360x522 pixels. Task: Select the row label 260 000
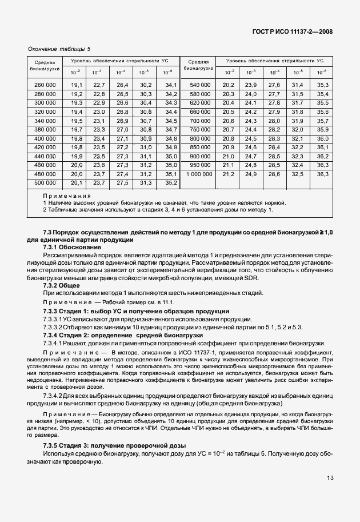(x=45, y=85)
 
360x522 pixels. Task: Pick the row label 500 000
(x=45, y=183)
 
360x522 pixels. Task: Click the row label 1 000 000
(x=198, y=174)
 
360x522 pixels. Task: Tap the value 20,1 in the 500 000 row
(x=77, y=183)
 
